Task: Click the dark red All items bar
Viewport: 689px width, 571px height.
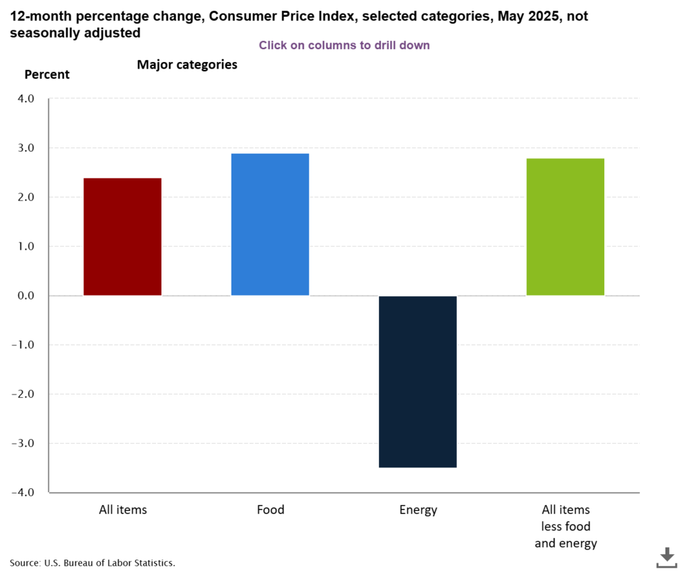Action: pyautogui.click(x=122, y=236)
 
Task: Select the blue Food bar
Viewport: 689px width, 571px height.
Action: pyautogui.click(x=270, y=224)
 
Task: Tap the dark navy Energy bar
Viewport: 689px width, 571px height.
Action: pyautogui.click(x=418, y=381)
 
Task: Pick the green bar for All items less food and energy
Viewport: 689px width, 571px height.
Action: pyautogui.click(x=565, y=227)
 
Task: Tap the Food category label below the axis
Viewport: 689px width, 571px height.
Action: pyautogui.click(x=270, y=510)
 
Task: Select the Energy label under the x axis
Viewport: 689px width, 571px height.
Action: pyautogui.click(x=418, y=510)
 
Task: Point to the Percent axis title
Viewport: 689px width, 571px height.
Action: pyautogui.click(x=47, y=75)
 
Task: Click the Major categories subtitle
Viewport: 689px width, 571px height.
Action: pyautogui.click(x=187, y=65)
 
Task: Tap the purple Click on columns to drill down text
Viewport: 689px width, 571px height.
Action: pyautogui.click(x=344, y=45)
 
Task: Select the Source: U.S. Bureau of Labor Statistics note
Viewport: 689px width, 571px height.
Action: pyautogui.click(x=92, y=562)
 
